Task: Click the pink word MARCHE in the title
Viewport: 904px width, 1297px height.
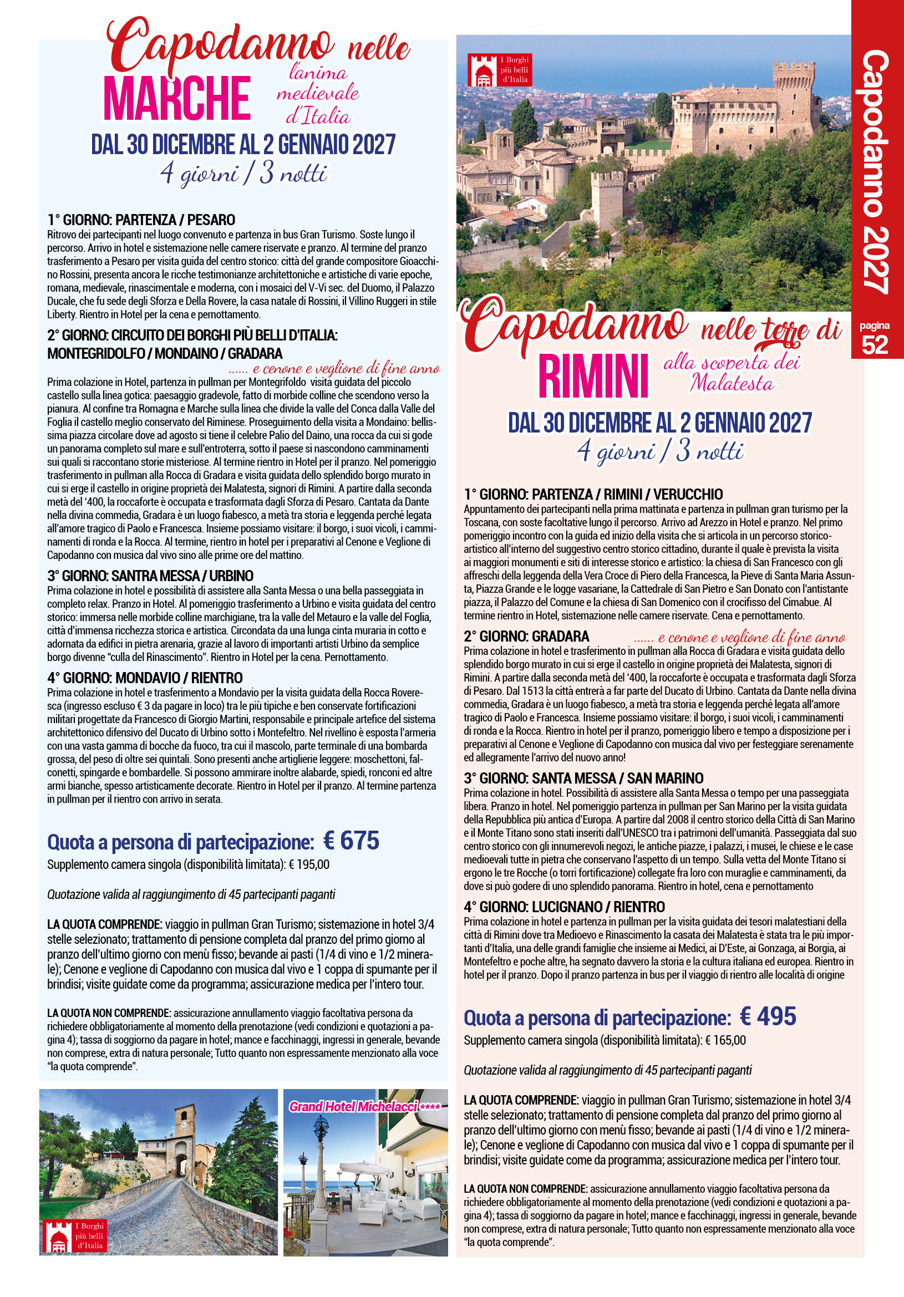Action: click(x=177, y=99)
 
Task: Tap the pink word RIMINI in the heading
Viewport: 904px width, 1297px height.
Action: click(x=593, y=376)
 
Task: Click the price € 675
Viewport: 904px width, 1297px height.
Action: click(x=351, y=841)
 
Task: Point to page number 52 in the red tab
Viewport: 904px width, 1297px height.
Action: click(x=875, y=344)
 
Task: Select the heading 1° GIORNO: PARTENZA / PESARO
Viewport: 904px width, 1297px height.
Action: click(x=141, y=220)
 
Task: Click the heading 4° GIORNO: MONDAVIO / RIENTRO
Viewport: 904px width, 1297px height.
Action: click(x=145, y=677)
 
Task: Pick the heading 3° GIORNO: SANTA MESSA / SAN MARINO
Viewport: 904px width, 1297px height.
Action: click(x=583, y=778)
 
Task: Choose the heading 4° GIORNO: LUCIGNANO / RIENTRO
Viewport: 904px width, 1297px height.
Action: click(x=564, y=907)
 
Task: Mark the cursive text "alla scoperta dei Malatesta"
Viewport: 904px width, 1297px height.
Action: click(x=732, y=373)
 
